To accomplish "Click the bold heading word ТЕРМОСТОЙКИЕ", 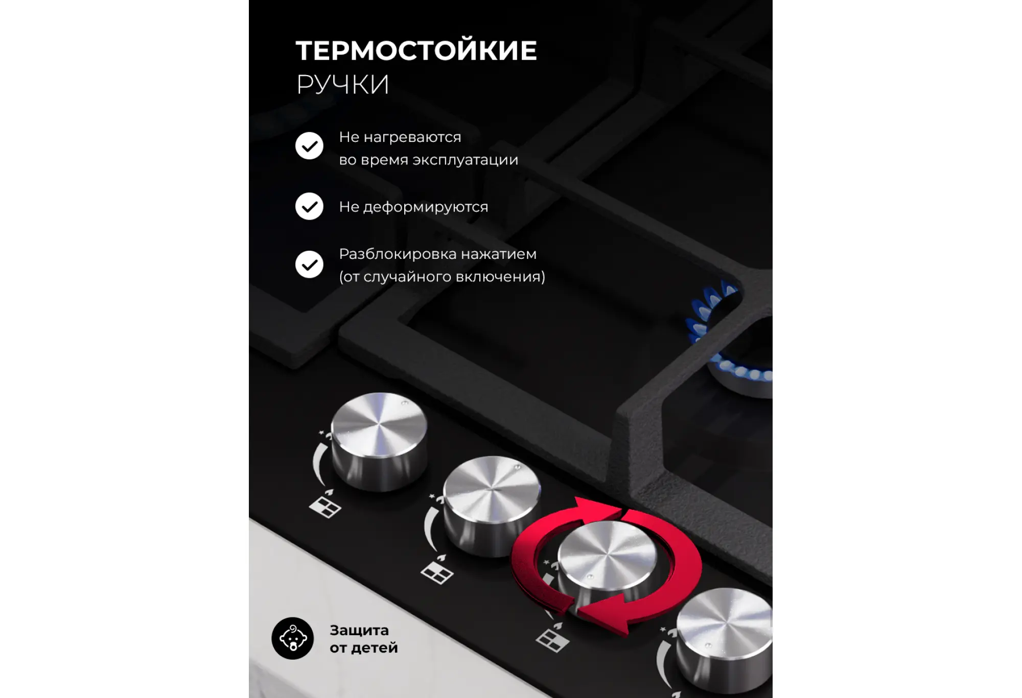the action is click(x=416, y=51).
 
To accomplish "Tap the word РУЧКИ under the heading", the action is click(x=343, y=84).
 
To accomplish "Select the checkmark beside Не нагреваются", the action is click(x=309, y=146).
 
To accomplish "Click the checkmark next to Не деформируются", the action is click(x=309, y=206).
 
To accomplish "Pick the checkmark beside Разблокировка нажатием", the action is click(x=309, y=264).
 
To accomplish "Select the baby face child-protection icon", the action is click(x=292, y=638).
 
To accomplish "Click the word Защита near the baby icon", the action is click(x=359, y=630).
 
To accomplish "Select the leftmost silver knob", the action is click(x=379, y=441).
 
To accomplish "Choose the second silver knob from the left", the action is click(x=492, y=506).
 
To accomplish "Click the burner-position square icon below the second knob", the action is click(x=437, y=574).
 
